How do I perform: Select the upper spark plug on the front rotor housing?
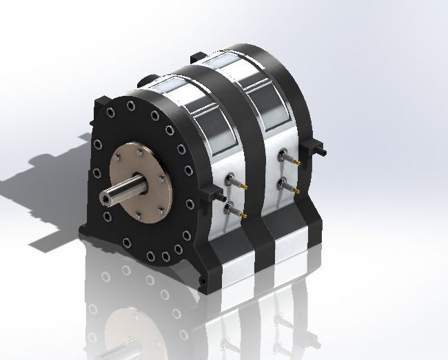click(x=230, y=183)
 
